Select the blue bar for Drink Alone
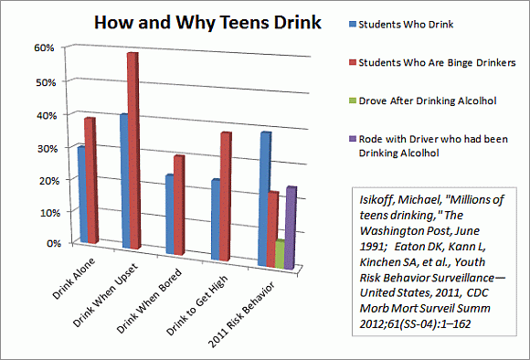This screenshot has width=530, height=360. [x=82, y=194]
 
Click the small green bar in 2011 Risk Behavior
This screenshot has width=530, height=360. [x=279, y=254]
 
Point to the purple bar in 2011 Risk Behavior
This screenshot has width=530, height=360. [x=290, y=228]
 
